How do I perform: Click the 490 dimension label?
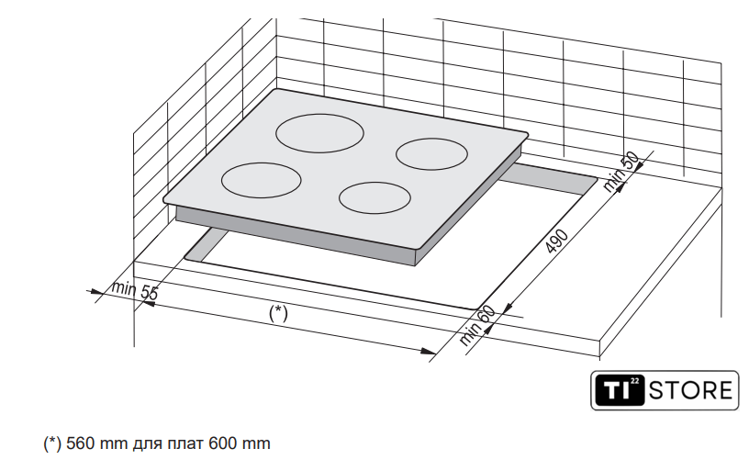pyautogui.click(x=557, y=241)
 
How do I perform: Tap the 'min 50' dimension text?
pyautogui.click(x=620, y=172)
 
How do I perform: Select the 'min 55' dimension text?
pyautogui.click(x=134, y=290)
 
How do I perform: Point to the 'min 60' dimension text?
pyautogui.click(x=477, y=325)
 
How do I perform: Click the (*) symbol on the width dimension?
pyautogui.click(x=278, y=313)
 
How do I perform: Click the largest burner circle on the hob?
pyautogui.click(x=319, y=133)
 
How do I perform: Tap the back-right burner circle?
pyautogui.click(x=431, y=154)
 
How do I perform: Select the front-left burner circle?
pyautogui.click(x=262, y=180)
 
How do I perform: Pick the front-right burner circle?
pyautogui.click(x=375, y=197)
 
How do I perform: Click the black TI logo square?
pyautogui.click(x=620, y=390)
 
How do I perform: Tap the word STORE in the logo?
pyautogui.click(x=691, y=390)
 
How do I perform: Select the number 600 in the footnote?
pyautogui.click(x=223, y=443)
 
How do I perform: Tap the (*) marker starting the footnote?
pyautogui.click(x=52, y=443)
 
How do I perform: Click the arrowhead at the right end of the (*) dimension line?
pyautogui.click(x=428, y=352)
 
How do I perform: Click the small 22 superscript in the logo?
pyautogui.click(x=634, y=381)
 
